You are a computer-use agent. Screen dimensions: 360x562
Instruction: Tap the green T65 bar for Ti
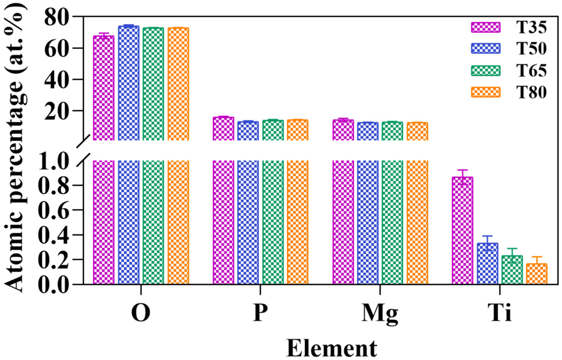click(512, 270)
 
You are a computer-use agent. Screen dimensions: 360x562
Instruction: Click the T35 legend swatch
click(486, 27)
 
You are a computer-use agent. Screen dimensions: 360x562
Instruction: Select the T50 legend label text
click(531, 49)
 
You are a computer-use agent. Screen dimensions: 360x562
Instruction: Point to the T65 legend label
click(531, 70)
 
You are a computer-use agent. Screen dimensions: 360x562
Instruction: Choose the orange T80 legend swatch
click(486, 92)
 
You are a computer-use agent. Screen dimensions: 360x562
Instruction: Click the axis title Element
click(332, 349)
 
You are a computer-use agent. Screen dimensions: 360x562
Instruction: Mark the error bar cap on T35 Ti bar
click(462, 170)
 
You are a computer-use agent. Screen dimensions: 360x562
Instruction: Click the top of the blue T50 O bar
click(128, 26)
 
